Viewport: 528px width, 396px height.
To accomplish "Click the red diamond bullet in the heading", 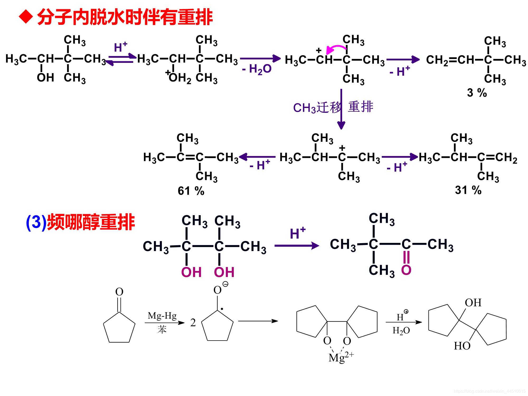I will click(x=26, y=17).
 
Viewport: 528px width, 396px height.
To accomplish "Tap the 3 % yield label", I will click(x=477, y=93).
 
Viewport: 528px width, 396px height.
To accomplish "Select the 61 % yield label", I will click(x=191, y=191).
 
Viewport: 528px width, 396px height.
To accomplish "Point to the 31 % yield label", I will click(x=468, y=190).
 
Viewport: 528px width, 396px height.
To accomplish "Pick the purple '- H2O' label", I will click(x=257, y=69).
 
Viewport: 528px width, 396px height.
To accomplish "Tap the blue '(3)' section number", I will click(x=36, y=222).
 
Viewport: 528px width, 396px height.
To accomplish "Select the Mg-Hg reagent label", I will click(x=162, y=316).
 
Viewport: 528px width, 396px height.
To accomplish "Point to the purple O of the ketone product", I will click(x=406, y=270).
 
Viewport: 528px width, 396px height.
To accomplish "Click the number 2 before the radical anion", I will click(x=193, y=323).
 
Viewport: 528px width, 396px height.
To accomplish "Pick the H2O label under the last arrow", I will click(x=401, y=331).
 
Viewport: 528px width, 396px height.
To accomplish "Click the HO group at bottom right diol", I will click(x=462, y=346).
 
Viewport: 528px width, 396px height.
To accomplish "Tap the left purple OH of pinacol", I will click(x=191, y=272).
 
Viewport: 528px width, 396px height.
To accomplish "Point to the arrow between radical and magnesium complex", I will click(x=258, y=321).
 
